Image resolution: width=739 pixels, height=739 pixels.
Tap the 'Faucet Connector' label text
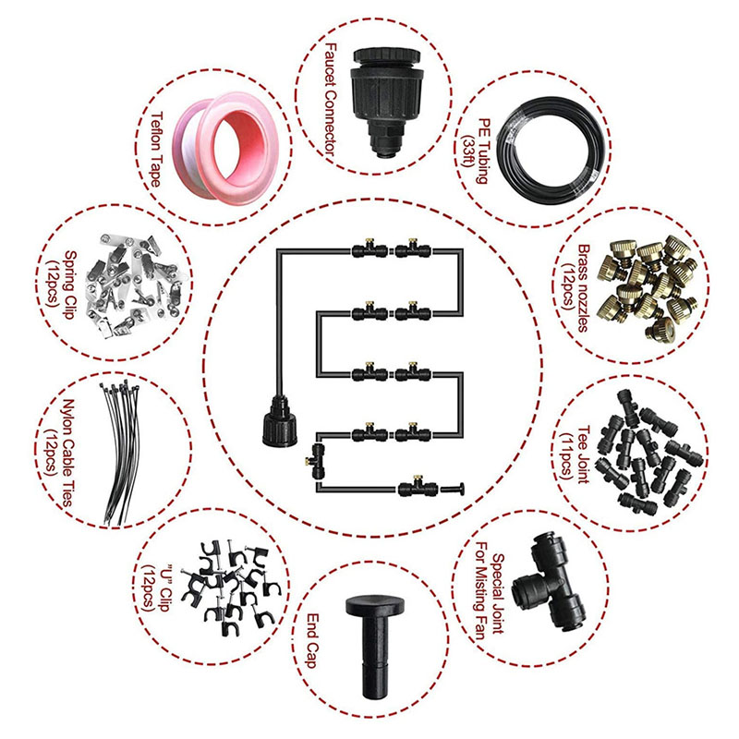(331, 101)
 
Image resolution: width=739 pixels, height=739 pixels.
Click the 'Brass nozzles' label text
(584, 288)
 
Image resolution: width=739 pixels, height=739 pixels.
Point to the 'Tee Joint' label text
(584, 454)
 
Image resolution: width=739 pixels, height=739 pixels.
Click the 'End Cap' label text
(311, 640)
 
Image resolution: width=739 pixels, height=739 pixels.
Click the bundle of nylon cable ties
(121, 454)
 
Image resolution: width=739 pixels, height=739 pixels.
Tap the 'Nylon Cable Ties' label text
(67, 453)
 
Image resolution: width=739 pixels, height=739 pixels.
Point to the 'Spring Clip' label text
(70, 285)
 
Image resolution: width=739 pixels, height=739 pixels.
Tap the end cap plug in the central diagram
(453, 489)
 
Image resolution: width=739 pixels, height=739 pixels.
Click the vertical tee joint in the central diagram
(317, 460)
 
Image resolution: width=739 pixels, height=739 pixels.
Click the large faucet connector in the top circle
(386, 101)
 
